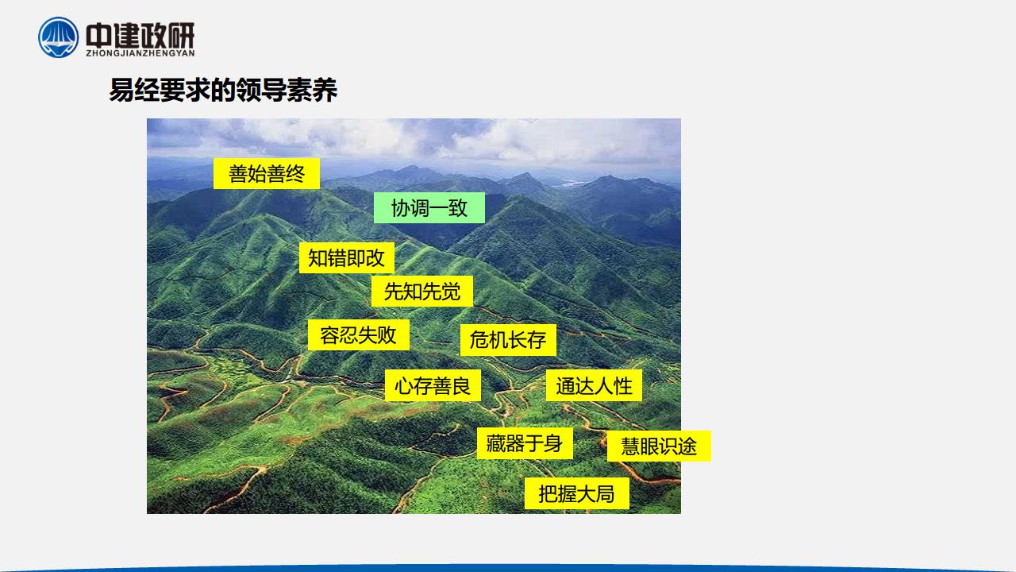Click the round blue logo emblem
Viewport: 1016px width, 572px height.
(58, 37)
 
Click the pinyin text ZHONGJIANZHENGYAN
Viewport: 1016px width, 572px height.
(140, 53)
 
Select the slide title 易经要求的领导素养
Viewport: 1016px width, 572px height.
(223, 91)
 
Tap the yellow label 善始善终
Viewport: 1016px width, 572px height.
(267, 173)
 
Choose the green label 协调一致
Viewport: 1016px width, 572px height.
(429, 208)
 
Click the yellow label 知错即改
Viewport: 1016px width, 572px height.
(347, 258)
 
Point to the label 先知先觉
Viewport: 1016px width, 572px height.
(421, 291)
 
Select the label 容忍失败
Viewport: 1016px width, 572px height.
(358, 335)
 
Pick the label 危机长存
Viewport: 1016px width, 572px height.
(508, 339)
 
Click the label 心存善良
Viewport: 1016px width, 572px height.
(433, 385)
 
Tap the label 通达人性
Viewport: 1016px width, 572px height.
(594, 385)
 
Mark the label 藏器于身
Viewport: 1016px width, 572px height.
(525, 443)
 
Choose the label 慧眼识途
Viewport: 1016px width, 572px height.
(659, 446)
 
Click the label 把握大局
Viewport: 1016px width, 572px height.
(576, 493)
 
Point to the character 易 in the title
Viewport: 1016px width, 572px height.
(121, 91)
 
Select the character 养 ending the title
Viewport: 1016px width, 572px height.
(325, 91)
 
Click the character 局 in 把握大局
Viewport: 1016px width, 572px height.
(605, 493)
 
